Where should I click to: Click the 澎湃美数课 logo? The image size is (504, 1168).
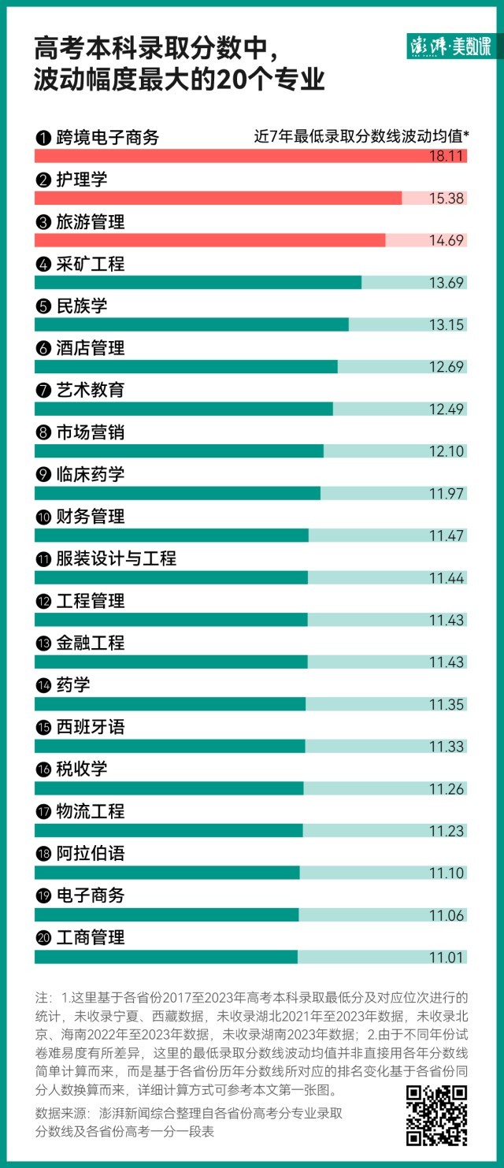pyautogui.click(x=450, y=47)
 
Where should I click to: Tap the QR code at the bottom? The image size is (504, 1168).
pyautogui.click(x=436, y=1115)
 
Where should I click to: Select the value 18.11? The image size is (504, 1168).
pyautogui.click(x=447, y=157)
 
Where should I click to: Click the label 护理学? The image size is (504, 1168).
pyautogui.click(x=81, y=180)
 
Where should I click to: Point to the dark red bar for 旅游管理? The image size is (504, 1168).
pyautogui.click(x=209, y=240)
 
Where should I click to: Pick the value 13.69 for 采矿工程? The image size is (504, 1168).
pyautogui.click(x=447, y=283)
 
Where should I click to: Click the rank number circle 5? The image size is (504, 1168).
pyautogui.click(x=43, y=307)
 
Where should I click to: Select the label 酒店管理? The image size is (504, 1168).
pyautogui.click(x=90, y=348)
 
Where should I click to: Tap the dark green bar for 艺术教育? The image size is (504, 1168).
pyautogui.click(x=183, y=409)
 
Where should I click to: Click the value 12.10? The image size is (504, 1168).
pyautogui.click(x=447, y=451)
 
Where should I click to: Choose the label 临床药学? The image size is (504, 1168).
pyautogui.click(x=90, y=475)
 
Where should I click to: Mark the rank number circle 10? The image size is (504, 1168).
pyautogui.click(x=43, y=517)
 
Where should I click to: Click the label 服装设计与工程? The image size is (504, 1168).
pyautogui.click(x=116, y=559)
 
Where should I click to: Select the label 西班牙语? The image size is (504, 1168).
pyautogui.click(x=90, y=727)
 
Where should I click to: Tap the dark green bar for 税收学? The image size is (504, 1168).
pyautogui.click(x=169, y=788)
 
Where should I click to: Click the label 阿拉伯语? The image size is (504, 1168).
pyautogui.click(x=90, y=854)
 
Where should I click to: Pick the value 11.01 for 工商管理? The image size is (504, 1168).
pyautogui.click(x=447, y=957)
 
